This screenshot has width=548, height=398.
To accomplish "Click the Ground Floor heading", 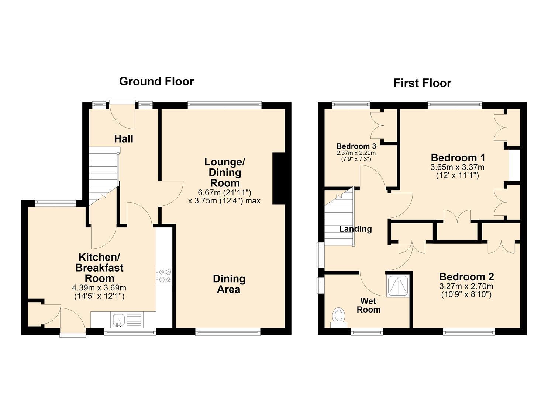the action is click(x=156, y=81).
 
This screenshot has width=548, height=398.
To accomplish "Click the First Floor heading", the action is click(x=422, y=83).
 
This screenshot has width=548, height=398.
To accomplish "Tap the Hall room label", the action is click(x=124, y=139).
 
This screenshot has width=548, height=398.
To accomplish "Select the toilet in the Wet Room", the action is click(x=339, y=317).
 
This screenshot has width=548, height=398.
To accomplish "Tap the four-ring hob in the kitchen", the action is click(x=164, y=276).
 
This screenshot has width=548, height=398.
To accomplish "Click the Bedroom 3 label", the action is click(x=356, y=146).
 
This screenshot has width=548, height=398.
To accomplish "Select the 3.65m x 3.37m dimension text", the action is click(x=457, y=167).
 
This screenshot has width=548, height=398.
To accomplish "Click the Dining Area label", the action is click(x=229, y=284).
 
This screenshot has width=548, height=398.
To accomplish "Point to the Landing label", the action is click(x=355, y=229).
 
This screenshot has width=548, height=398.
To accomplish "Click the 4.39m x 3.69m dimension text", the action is click(x=99, y=288).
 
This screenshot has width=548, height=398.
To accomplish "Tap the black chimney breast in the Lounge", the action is click(x=279, y=178).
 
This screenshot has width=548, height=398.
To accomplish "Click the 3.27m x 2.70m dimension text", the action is click(x=466, y=286).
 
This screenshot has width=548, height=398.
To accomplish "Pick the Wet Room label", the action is click(x=368, y=306).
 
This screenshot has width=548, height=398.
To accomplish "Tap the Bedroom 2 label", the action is click(x=466, y=277).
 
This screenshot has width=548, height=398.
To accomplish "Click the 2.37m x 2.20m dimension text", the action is click(x=356, y=153).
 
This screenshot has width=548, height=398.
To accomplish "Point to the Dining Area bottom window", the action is click(x=228, y=332).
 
